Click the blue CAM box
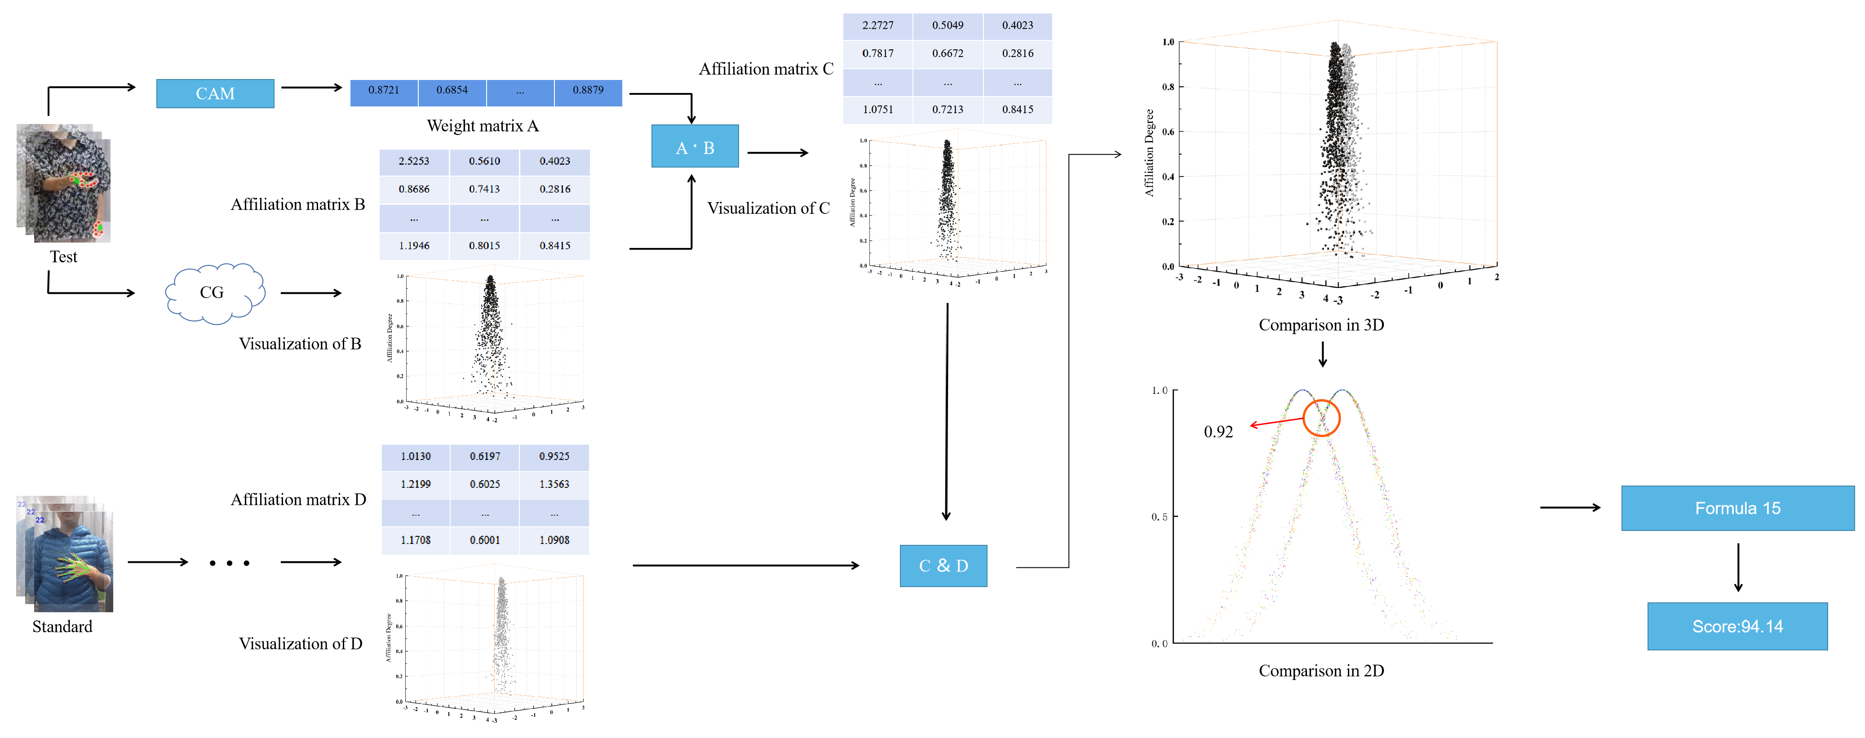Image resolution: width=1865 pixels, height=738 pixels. pyautogui.click(x=215, y=93)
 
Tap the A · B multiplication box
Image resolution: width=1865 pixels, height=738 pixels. pyautogui.click(x=694, y=147)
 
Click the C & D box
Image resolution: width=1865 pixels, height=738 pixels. pyautogui.click(x=943, y=566)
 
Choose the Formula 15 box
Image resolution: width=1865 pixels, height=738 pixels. pyautogui.click(x=1737, y=508)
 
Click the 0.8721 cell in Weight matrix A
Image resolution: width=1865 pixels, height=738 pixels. pyautogui.click(x=384, y=90)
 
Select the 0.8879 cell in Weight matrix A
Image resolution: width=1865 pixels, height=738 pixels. pyautogui.click(x=588, y=90)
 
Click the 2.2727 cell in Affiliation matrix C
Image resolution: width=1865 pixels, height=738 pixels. pyautogui.click(x=877, y=25)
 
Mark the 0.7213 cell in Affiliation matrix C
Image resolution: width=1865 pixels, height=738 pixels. pyautogui.click(x=948, y=109)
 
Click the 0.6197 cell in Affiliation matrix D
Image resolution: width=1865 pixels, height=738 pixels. pyautogui.click(x=484, y=456)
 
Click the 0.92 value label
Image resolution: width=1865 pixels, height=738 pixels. pyautogui.click(x=1218, y=432)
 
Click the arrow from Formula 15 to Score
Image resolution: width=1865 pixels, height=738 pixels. pyautogui.click(x=1737, y=567)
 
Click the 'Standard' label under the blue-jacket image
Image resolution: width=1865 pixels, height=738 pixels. pyautogui.click(x=62, y=627)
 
